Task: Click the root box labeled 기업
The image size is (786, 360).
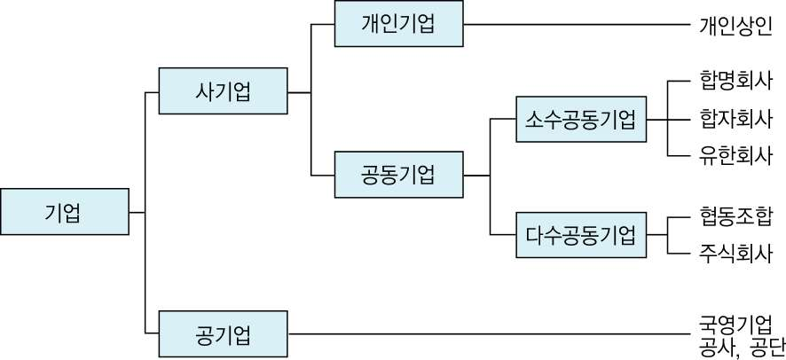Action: [x=64, y=212]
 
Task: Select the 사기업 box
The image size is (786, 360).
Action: [x=223, y=90]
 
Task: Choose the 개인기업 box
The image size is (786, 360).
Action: [x=398, y=24]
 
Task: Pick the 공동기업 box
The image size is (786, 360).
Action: [x=398, y=175]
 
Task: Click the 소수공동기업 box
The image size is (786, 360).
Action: [x=581, y=118]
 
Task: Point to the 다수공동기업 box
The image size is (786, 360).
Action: [x=581, y=235]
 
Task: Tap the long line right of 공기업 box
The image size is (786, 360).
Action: [x=488, y=334]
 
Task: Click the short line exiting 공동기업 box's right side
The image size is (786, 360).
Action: [x=476, y=176]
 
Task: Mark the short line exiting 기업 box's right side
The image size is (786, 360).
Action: [x=137, y=212]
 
